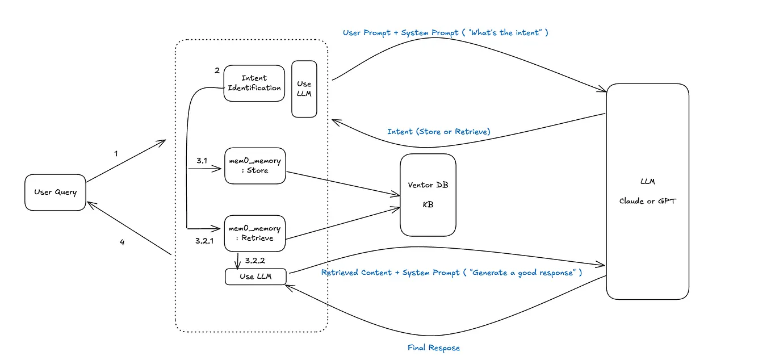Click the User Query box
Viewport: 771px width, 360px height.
(x=55, y=192)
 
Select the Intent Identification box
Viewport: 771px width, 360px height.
(x=254, y=83)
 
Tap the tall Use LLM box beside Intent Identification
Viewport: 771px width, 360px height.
(x=304, y=89)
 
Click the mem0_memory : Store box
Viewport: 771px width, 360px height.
(x=254, y=166)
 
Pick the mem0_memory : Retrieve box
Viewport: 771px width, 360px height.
(x=254, y=233)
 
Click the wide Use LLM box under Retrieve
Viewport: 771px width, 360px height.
(x=255, y=277)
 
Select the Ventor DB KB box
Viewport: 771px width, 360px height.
(x=428, y=195)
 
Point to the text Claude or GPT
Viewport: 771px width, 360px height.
(x=647, y=201)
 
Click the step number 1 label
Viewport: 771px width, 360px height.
(x=116, y=153)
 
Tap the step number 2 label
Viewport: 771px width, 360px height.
(x=217, y=70)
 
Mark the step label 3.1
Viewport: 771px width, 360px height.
(x=202, y=161)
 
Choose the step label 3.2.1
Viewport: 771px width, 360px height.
(x=204, y=241)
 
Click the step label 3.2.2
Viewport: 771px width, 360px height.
(x=255, y=261)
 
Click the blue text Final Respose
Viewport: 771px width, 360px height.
(x=434, y=348)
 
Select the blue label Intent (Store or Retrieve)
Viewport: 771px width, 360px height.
(x=438, y=132)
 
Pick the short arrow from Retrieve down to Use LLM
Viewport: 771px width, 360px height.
(x=237, y=260)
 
